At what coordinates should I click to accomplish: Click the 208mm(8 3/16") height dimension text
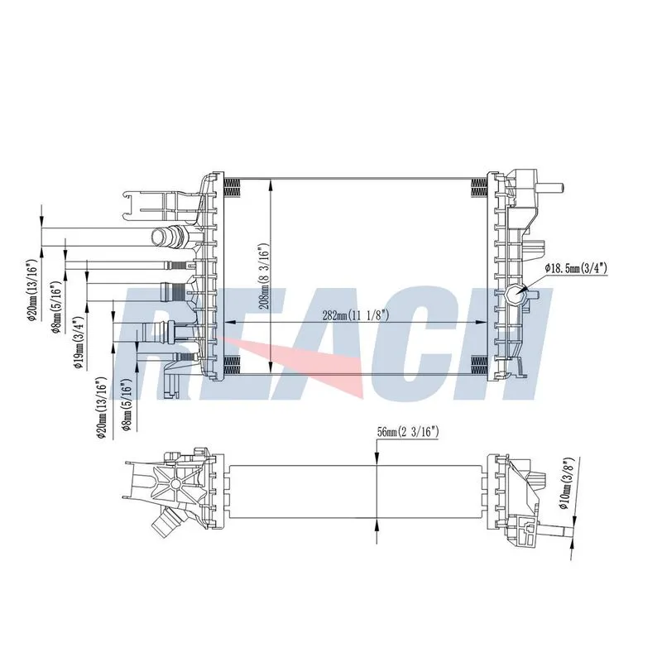click(x=264, y=276)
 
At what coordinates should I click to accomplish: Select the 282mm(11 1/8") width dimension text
click(x=355, y=315)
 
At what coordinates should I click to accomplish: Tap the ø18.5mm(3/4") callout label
click(x=575, y=267)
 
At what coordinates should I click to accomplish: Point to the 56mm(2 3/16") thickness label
click(x=408, y=431)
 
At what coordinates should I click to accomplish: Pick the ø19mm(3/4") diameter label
click(x=79, y=343)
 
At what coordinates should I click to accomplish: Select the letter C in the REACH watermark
click(x=430, y=344)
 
